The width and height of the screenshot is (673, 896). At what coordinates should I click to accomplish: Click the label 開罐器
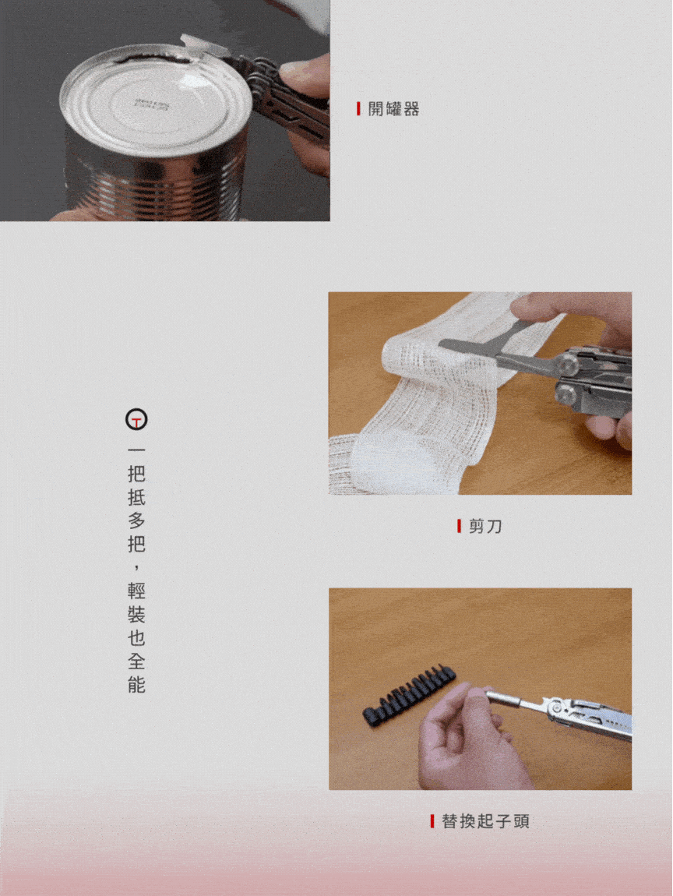(x=393, y=108)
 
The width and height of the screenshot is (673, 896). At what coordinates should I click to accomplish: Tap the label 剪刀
(x=485, y=526)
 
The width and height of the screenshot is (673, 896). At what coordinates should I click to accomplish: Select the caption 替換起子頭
(x=485, y=821)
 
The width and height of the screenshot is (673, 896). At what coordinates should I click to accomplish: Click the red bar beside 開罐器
(x=358, y=108)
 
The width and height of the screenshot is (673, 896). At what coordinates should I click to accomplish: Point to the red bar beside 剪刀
(x=459, y=526)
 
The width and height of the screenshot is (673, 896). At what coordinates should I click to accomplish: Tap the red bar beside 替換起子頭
(x=432, y=821)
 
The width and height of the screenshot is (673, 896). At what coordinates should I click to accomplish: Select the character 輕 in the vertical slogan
(x=136, y=591)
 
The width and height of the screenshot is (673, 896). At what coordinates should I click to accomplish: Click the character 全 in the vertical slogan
(x=136, y=661)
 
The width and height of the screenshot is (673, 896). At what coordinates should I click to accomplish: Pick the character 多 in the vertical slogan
(x=136, y=520)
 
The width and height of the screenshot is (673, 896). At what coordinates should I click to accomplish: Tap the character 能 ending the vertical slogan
(x=136, y=685)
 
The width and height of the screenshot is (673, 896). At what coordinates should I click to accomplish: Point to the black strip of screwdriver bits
(x=409, y=694)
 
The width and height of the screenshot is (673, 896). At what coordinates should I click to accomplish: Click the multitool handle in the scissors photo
(x=594, y=383)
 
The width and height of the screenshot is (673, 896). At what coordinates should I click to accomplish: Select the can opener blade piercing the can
(x=203, y=47)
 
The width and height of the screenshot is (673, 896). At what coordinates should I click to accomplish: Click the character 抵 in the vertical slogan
(x=136, y=496)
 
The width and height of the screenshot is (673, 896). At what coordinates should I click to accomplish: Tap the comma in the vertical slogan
(x=136, y=567)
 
